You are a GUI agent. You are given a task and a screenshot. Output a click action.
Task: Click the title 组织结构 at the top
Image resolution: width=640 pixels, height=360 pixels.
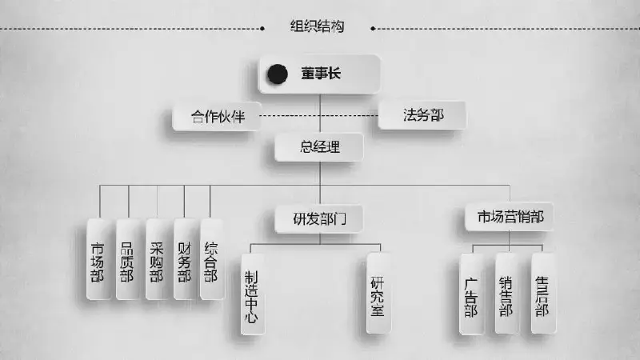(x=317, y=26)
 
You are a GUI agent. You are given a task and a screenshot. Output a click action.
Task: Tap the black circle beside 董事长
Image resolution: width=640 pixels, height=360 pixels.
(x=277, y=74)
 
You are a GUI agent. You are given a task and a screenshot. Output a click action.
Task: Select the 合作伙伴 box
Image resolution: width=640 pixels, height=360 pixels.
(x=216, y=116)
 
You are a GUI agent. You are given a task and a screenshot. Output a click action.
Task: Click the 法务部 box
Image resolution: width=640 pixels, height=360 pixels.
(x=422, y=115)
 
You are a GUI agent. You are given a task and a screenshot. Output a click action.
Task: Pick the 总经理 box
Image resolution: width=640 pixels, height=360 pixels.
(x=318, y=147)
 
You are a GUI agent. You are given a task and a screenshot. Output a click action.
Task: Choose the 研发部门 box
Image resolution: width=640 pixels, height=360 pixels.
(x=318, y=218)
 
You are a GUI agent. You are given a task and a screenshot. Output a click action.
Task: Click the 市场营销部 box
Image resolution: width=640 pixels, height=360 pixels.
(x=510, y=217)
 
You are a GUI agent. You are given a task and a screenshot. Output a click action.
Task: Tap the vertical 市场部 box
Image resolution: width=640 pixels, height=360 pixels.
(x=98, y=259)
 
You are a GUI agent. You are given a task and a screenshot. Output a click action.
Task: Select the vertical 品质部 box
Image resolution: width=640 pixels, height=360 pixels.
(x=128, y=259)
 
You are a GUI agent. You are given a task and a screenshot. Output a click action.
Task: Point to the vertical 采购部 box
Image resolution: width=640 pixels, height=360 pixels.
(x=157, y=259)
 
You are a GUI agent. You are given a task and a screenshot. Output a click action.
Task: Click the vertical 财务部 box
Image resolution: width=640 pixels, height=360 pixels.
(x=185, y=259)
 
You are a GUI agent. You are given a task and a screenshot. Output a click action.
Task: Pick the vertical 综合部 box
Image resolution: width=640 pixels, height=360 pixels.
(x=211, y=259)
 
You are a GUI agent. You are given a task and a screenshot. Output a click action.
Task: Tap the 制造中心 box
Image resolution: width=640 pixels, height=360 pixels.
(x=252, y=294)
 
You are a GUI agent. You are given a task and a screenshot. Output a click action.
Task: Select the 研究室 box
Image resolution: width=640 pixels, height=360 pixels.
(x=378, y=293)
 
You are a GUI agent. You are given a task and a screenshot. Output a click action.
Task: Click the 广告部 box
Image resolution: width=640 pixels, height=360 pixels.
(x=471, y=294)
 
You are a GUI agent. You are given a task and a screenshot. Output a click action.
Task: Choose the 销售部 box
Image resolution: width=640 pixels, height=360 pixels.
(x=507, y=293)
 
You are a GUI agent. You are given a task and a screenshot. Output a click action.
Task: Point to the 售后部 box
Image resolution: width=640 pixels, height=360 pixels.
(x=543, y=293)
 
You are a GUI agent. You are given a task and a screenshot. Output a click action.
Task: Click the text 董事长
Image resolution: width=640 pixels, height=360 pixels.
(x=321, y=74)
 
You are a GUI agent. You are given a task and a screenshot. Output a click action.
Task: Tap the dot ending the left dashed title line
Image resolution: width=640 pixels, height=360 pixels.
(x=262, y=29)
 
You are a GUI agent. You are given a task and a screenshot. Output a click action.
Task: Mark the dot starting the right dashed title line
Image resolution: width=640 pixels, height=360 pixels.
(x=373, y=29)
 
